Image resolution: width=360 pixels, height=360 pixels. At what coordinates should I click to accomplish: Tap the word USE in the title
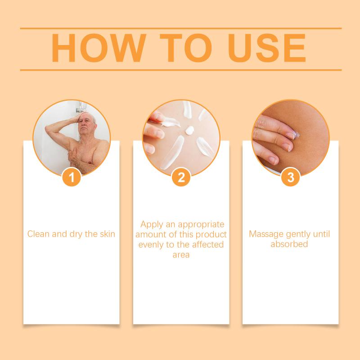267,48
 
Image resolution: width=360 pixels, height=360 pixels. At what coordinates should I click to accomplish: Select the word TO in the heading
186,48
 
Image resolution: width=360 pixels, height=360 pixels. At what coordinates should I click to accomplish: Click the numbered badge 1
72,177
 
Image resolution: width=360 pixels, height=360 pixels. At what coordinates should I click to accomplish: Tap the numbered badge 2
181,177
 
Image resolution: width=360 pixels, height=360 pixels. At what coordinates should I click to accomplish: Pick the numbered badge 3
291,177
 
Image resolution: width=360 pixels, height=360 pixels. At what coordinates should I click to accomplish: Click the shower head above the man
81,108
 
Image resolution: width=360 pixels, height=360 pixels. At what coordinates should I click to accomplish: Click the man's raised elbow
48,129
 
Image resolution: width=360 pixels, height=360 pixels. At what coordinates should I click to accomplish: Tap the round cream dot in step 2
190,130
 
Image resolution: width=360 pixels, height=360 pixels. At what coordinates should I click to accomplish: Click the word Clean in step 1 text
38,234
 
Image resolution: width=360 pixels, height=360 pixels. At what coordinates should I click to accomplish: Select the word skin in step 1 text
108,234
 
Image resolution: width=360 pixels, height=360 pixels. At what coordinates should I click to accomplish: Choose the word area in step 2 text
181,255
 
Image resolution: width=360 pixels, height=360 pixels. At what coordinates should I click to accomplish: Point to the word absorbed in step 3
289,244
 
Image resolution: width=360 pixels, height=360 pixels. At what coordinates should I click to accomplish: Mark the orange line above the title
181,28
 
